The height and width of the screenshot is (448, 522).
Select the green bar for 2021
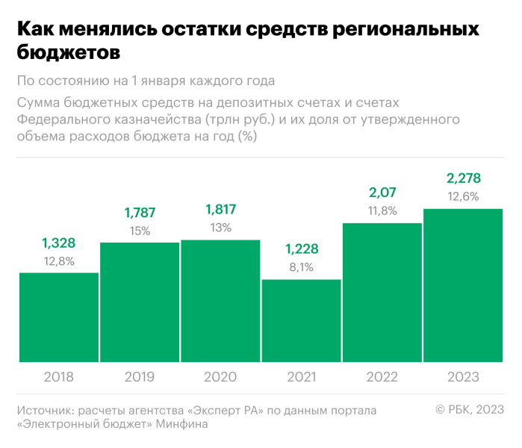(301, 321)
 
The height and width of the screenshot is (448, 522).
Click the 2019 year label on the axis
(140, 377)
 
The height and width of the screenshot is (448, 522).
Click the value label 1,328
(59, 243)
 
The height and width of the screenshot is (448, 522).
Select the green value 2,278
(463, 178)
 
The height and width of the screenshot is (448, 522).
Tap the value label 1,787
(140, 213)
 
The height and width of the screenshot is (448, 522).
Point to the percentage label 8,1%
(301, 266)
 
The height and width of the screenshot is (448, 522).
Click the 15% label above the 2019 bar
(140, 231)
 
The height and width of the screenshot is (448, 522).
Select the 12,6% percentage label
(463, 197)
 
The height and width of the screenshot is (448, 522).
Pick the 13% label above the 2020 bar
(220, 228)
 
